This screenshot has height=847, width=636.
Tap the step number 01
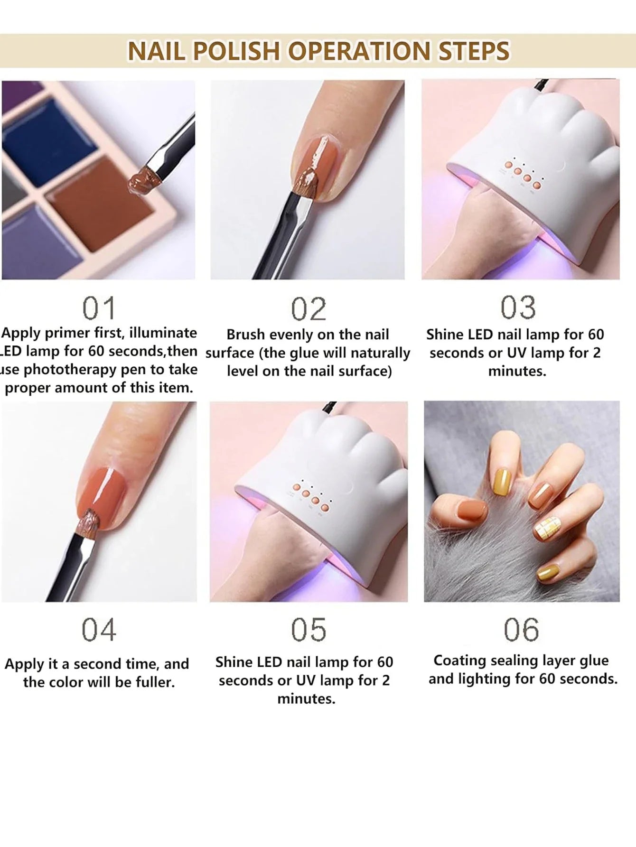(99, 308)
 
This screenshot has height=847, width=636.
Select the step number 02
(309, 309)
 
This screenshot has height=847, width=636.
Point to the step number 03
(518, 307)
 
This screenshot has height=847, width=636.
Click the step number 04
(99, 630)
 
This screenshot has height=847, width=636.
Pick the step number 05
(309, 630)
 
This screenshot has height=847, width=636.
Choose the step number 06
(521, 630)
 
